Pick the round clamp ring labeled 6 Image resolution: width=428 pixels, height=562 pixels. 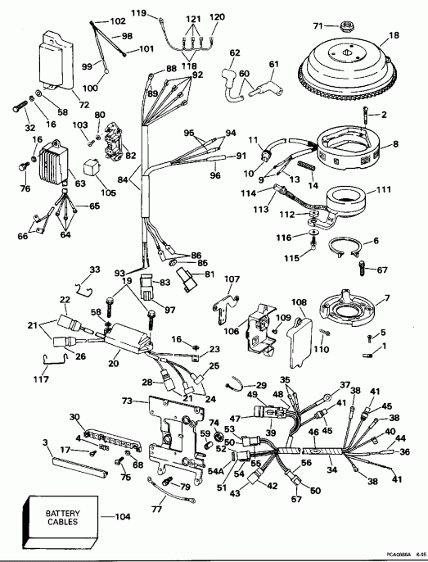click(x=354, y=248)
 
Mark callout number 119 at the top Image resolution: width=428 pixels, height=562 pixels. click(x=139, y=14)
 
